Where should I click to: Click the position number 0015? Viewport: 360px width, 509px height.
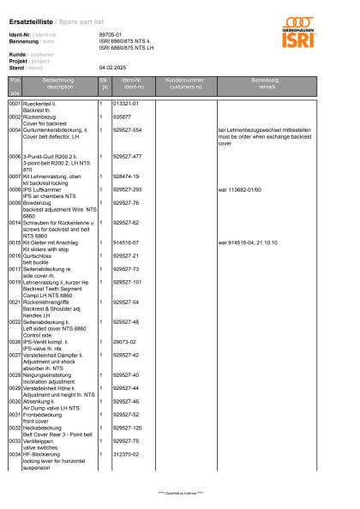(x=15, y=243)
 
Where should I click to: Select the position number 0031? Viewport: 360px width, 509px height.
(x=15, y=414)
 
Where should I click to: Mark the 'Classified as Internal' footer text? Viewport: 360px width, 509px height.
(x=181, y=494)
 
